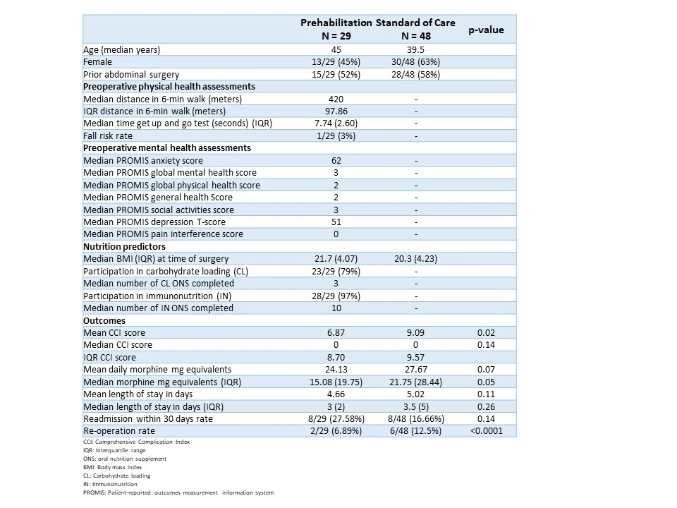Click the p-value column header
tap(486, 30)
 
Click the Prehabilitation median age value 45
tap(336, 49)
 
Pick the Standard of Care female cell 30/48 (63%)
tap(416, 62)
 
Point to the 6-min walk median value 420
tap(336, 99)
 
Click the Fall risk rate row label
tap(108, 135)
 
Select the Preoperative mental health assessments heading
tap(167, 147)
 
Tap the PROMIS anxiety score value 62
tap(336, 161)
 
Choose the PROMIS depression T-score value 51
tap(336, 222)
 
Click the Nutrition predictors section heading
tap(124, 247)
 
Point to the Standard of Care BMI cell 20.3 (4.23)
tap(416, 259)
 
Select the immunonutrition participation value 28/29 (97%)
tap(336, 296)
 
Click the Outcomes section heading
tap(104, 320)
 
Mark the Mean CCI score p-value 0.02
tap(486, 332)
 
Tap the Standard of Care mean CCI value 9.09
tap(416, 332)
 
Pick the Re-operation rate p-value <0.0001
tap(486, 430)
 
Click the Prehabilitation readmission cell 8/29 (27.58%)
tap(336, 418)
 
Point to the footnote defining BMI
tap(112, 467)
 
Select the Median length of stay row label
tap(153, 406)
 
